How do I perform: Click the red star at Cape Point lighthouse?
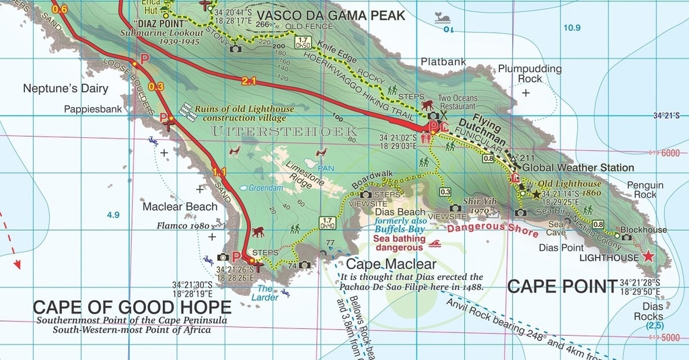pyautogui.click(x=648, y=256)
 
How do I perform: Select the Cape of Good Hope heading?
pyautogui.click(x=132, y=308)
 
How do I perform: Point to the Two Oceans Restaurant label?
pyautogui.click(x=458, y=102)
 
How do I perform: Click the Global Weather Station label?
pyautogui.click(x=578, y=168)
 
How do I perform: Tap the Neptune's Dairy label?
pyautogui.click(x=65, y=88)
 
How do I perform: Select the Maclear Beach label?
pyautogui.click(x=180, y=207)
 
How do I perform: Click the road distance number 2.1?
pyautogui.click(x=248, y=81)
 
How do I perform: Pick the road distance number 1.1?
pyautogui.click(x=219, y=171)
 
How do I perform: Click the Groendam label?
pyautogui.click(x=266, y=188)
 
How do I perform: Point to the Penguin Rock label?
pyautogui.click(x=645, y=190)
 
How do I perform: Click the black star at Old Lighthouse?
pyautogui.click(x=536, y=194)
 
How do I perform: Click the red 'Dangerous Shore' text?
pyautogui.click(x=493, y=229)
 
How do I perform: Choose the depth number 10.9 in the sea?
pyautogui.click(x=572, y=28)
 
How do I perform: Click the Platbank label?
pyautogui.click(x=443, y=62)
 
